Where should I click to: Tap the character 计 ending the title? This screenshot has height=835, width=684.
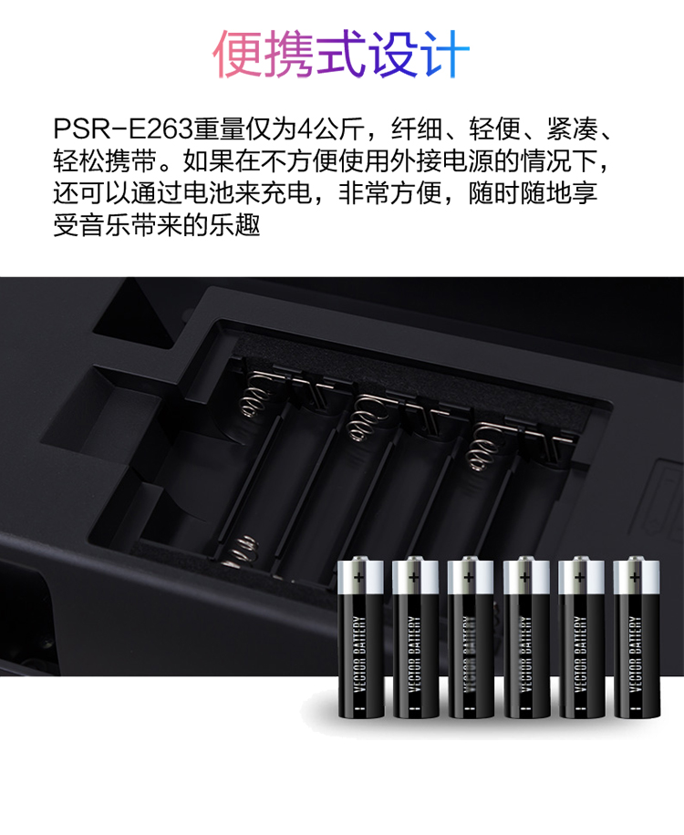444,53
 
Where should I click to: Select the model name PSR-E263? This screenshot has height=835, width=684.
122,129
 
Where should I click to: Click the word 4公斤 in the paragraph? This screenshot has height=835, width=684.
331,129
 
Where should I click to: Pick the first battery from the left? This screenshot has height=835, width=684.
360,636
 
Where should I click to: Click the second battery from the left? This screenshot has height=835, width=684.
415,636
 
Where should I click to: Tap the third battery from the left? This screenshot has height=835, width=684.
471,636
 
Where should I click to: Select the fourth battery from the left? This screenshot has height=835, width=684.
526,636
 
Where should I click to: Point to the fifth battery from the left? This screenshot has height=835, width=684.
581,636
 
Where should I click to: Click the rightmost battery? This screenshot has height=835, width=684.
636,636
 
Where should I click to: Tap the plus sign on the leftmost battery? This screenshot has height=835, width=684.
359,577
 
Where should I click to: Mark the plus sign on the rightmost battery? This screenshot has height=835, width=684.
635,577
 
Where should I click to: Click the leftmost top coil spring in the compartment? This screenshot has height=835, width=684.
257,395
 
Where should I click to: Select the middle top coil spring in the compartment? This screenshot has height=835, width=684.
364,419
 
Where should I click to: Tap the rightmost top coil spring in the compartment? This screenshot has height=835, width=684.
483,447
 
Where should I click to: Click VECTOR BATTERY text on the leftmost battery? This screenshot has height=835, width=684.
359,654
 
